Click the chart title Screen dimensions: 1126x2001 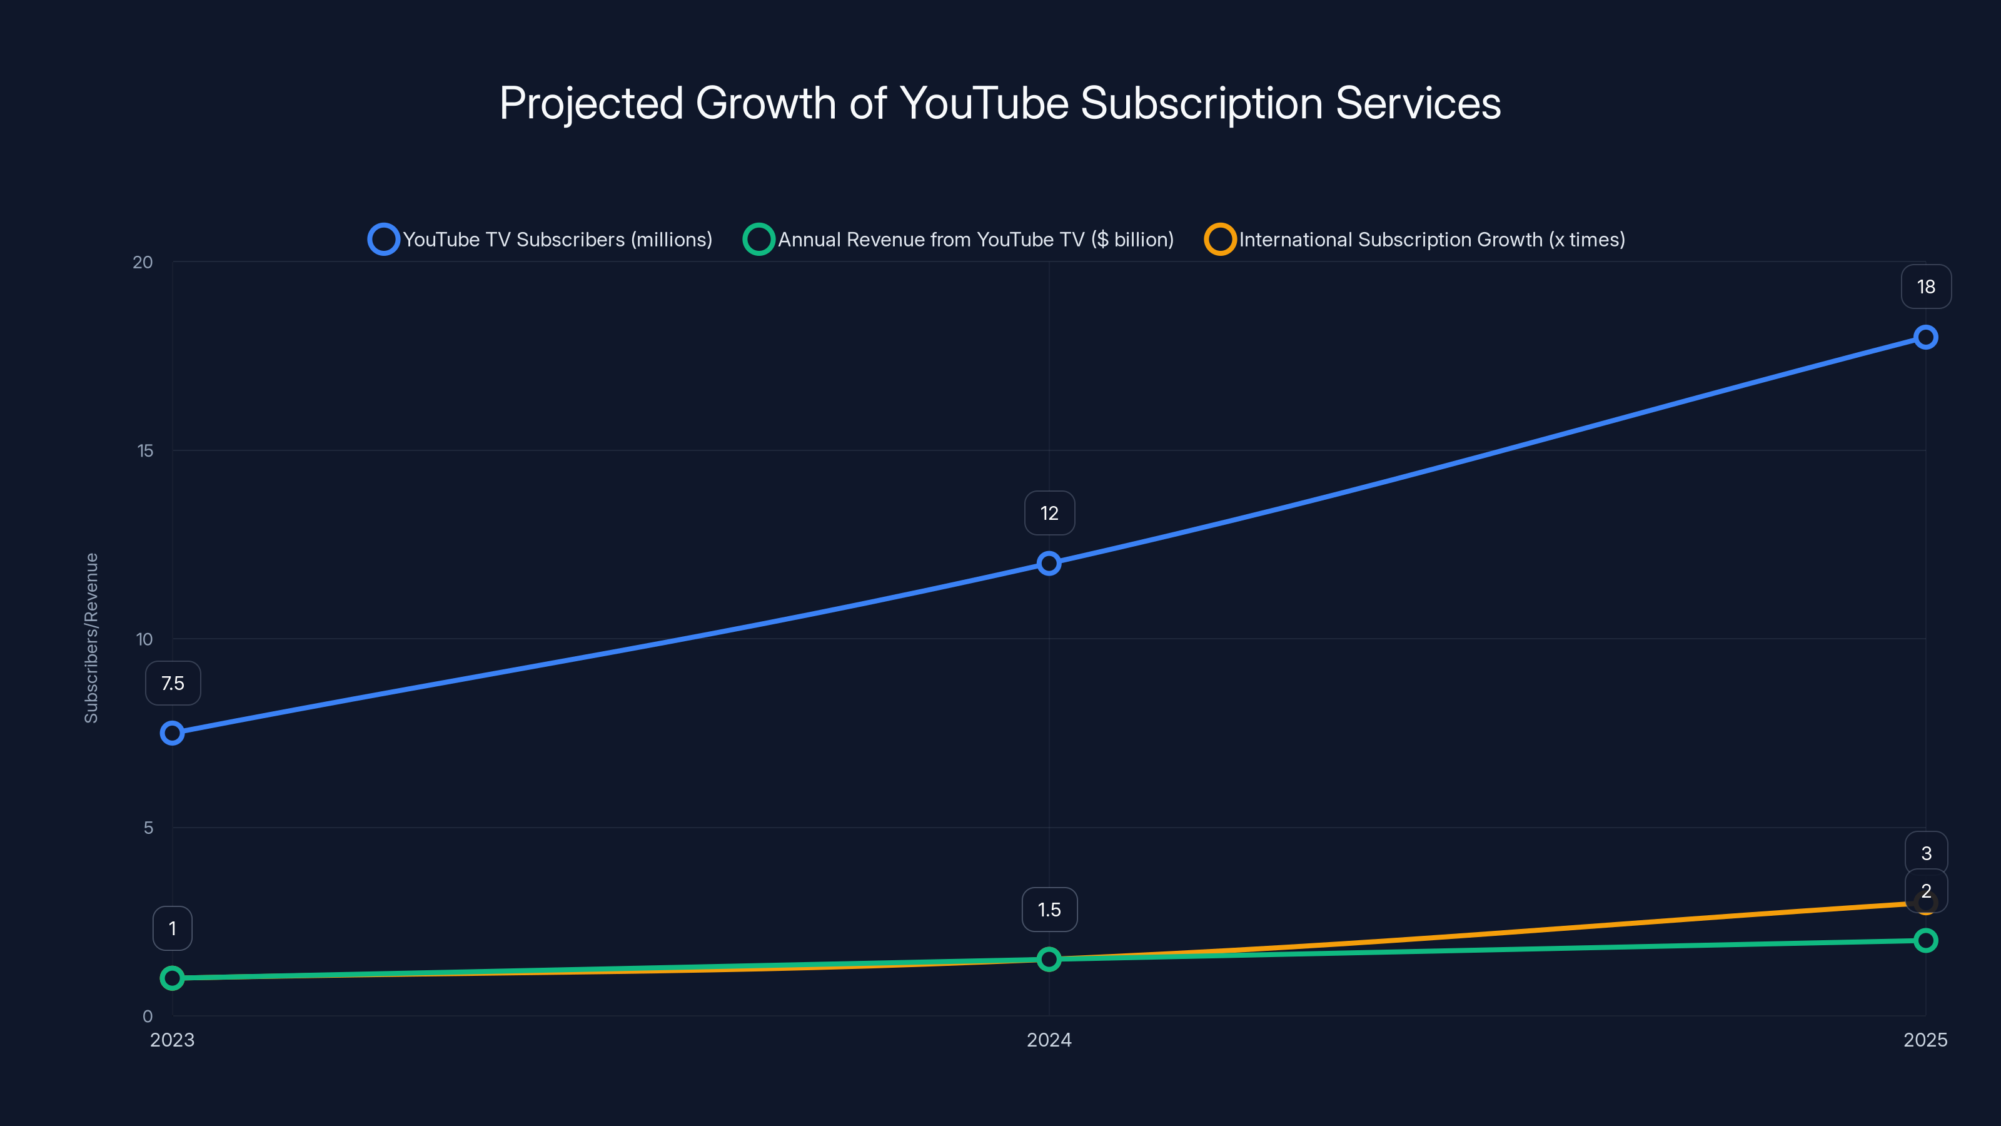(1000, 103)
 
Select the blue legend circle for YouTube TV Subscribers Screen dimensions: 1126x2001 (384, 240)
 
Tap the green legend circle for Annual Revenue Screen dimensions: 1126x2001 (758, 240)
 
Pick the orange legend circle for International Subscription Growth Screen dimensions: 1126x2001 (1219, 240)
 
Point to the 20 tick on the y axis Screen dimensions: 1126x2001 (143, 263)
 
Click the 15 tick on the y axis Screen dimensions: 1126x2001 (145, 450)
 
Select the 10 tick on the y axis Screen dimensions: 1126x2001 (144, 639)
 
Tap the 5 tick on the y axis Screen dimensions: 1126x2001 (148, 828)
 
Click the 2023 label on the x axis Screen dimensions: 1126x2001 (173, 1040)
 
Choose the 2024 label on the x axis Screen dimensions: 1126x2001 (1049, 1040)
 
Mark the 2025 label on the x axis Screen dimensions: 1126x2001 (1925, 1040)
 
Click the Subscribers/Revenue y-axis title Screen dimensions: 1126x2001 (92, 638)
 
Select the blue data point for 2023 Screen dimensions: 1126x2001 (173, 733)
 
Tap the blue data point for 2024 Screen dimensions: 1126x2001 (1049, 564)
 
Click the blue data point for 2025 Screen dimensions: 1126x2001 (1925, 337)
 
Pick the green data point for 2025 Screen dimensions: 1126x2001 (1925, 940)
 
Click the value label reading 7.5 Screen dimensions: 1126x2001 (173, 683)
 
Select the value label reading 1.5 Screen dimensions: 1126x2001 (1049, 909)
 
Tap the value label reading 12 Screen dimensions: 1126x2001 (1049, 513)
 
